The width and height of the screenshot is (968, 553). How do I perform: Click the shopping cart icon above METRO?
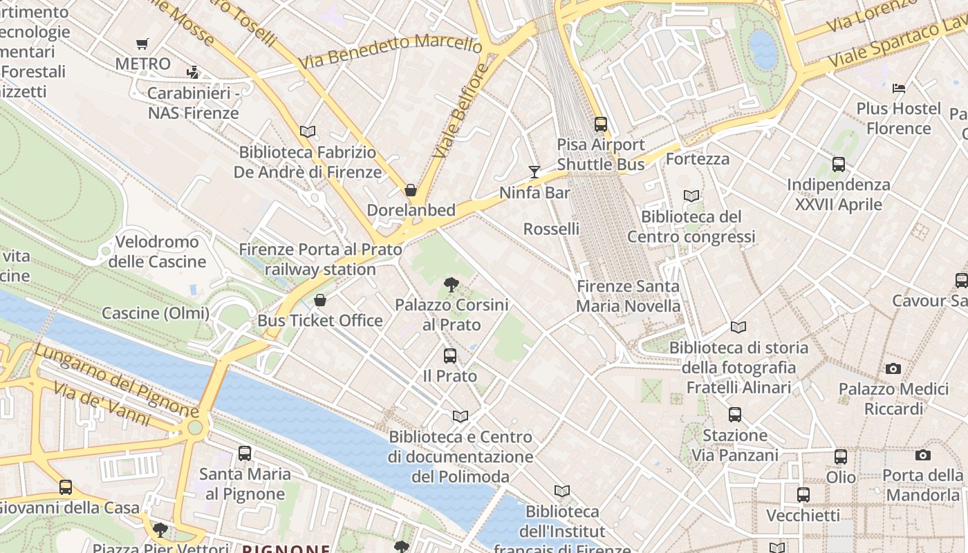(x=142, y=44)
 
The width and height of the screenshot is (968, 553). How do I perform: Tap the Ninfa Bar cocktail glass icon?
(x=534, y=172)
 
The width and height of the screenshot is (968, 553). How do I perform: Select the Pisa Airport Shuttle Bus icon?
(x=600, y=124)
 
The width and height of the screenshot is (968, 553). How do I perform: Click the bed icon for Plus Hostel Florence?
(x=898, y=88)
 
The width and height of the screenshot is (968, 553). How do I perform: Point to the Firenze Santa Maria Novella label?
(x=628, y=296)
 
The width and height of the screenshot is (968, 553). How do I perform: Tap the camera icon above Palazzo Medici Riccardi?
(x=893, y=368)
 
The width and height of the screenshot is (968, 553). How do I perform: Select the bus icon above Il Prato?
(x=449, y=356)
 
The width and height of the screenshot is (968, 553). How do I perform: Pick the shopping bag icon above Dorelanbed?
(x=411, y=190)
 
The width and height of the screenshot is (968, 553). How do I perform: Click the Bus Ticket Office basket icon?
(x=319, y=300)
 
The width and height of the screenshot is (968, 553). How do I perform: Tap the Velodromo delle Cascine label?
(x=157, y=252)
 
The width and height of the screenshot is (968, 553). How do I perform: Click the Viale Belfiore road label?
(x=460, y=111)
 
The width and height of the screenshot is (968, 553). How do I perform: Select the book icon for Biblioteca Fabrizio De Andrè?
(x=307, y=131)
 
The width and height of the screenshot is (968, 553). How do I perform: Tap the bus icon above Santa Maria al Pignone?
(x=244, y=453)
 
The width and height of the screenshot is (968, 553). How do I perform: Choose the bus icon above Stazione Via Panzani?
(x=734, y=415)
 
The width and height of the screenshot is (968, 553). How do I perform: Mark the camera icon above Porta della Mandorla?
(x=922, y=455)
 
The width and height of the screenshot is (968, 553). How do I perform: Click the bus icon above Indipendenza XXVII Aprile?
(x=838, y=165)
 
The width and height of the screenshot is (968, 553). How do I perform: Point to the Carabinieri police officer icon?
(x=193, y=72)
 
